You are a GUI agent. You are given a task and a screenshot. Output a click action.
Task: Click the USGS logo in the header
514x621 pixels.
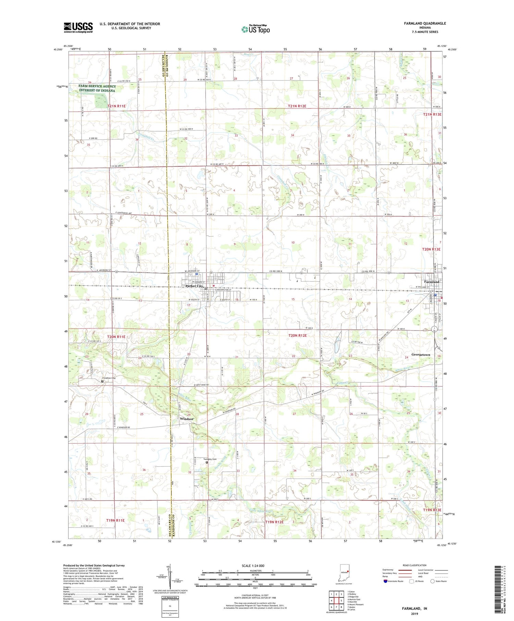click(x=78, y=27)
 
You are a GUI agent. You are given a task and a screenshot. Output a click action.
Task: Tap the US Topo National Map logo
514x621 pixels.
click(x=256, y=29)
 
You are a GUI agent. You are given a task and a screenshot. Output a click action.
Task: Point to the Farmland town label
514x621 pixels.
click(x=431, y=282)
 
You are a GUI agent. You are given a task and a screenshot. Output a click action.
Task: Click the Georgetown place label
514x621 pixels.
click(x=420, y=355)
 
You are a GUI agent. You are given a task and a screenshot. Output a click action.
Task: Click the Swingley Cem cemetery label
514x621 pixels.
click(x=210, y=459)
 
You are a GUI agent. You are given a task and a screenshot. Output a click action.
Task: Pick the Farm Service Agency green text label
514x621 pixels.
click(x=97, y=88)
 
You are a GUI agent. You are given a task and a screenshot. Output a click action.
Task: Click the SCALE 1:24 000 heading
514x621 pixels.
click(x=255, y=566)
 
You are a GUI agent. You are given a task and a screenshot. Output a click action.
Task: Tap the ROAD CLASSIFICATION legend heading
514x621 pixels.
click(x=415, y=565)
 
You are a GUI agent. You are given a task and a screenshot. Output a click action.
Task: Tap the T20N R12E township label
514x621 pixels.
click(x=297, y=335)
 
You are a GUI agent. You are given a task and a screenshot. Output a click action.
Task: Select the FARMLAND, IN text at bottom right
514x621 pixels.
click(x=414, y=608)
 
